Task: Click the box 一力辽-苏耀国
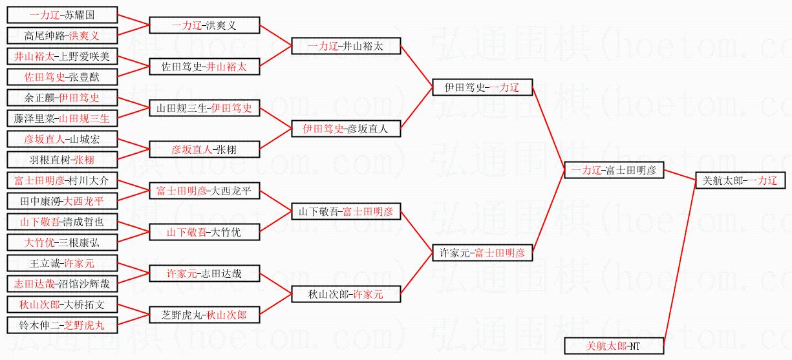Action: (x=62, y=15)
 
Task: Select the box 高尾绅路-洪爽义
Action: (x=62, y=35)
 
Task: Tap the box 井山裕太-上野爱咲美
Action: (x=62, y=56)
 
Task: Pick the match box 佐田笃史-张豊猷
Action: (x=62, y=77)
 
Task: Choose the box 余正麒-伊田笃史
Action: (x=62, y=98)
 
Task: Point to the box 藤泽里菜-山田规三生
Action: (x=62, y=118)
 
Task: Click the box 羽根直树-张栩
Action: (x=62, y=160)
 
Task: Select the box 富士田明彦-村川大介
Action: (x=62, y=180)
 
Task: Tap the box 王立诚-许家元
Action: (x=62, y=263)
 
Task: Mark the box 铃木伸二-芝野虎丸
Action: (x=62, y=325)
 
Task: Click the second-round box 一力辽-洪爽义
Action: (x=204, y=25)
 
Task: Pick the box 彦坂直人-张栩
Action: (x=204, y=149)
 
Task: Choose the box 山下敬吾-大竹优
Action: (x=204, y=232)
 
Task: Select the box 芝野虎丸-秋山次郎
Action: (x=204, y=315)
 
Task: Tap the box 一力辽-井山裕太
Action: (x=346, y=46)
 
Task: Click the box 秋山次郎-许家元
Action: (x=346, y=294)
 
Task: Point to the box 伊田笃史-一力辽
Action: (x=482, y=87)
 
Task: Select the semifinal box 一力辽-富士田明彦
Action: (x=614, y=170)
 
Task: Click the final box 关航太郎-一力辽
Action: (x=740, y=180)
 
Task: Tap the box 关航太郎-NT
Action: (x=614, y=346)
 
